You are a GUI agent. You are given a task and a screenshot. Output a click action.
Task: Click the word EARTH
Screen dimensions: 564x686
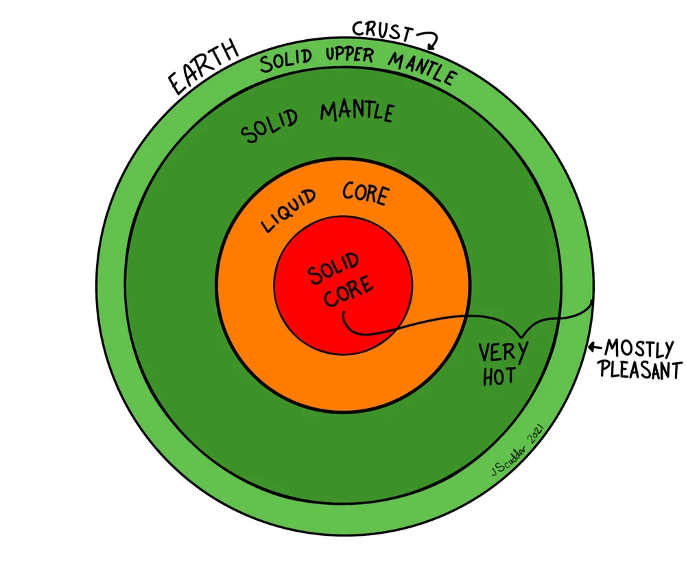(203, 68)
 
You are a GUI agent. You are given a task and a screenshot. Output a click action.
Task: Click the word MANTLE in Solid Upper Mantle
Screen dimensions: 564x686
(421, 68)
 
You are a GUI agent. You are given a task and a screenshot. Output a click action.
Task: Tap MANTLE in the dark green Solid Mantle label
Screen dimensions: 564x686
(356, 111)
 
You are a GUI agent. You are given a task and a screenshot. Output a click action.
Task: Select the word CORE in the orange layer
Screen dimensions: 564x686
(364, 194)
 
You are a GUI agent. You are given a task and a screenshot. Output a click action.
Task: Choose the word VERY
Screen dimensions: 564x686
(504, 353)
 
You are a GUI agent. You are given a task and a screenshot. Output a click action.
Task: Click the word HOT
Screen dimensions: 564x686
(498, 376)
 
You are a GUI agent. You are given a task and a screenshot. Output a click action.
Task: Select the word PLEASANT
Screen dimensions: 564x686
(640, 370)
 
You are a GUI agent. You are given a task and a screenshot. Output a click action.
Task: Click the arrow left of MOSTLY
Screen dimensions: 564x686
(595, 347)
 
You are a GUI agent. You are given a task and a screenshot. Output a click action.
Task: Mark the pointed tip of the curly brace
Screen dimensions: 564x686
(522, 336)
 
